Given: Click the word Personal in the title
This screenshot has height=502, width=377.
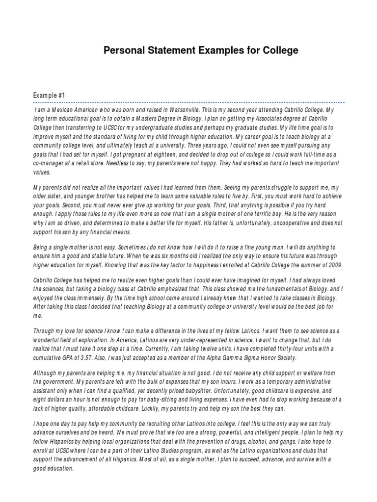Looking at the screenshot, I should point(122,51).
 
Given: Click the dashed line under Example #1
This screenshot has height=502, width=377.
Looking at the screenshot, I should point(188,102).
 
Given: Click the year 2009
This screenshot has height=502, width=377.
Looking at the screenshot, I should point(334,265).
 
